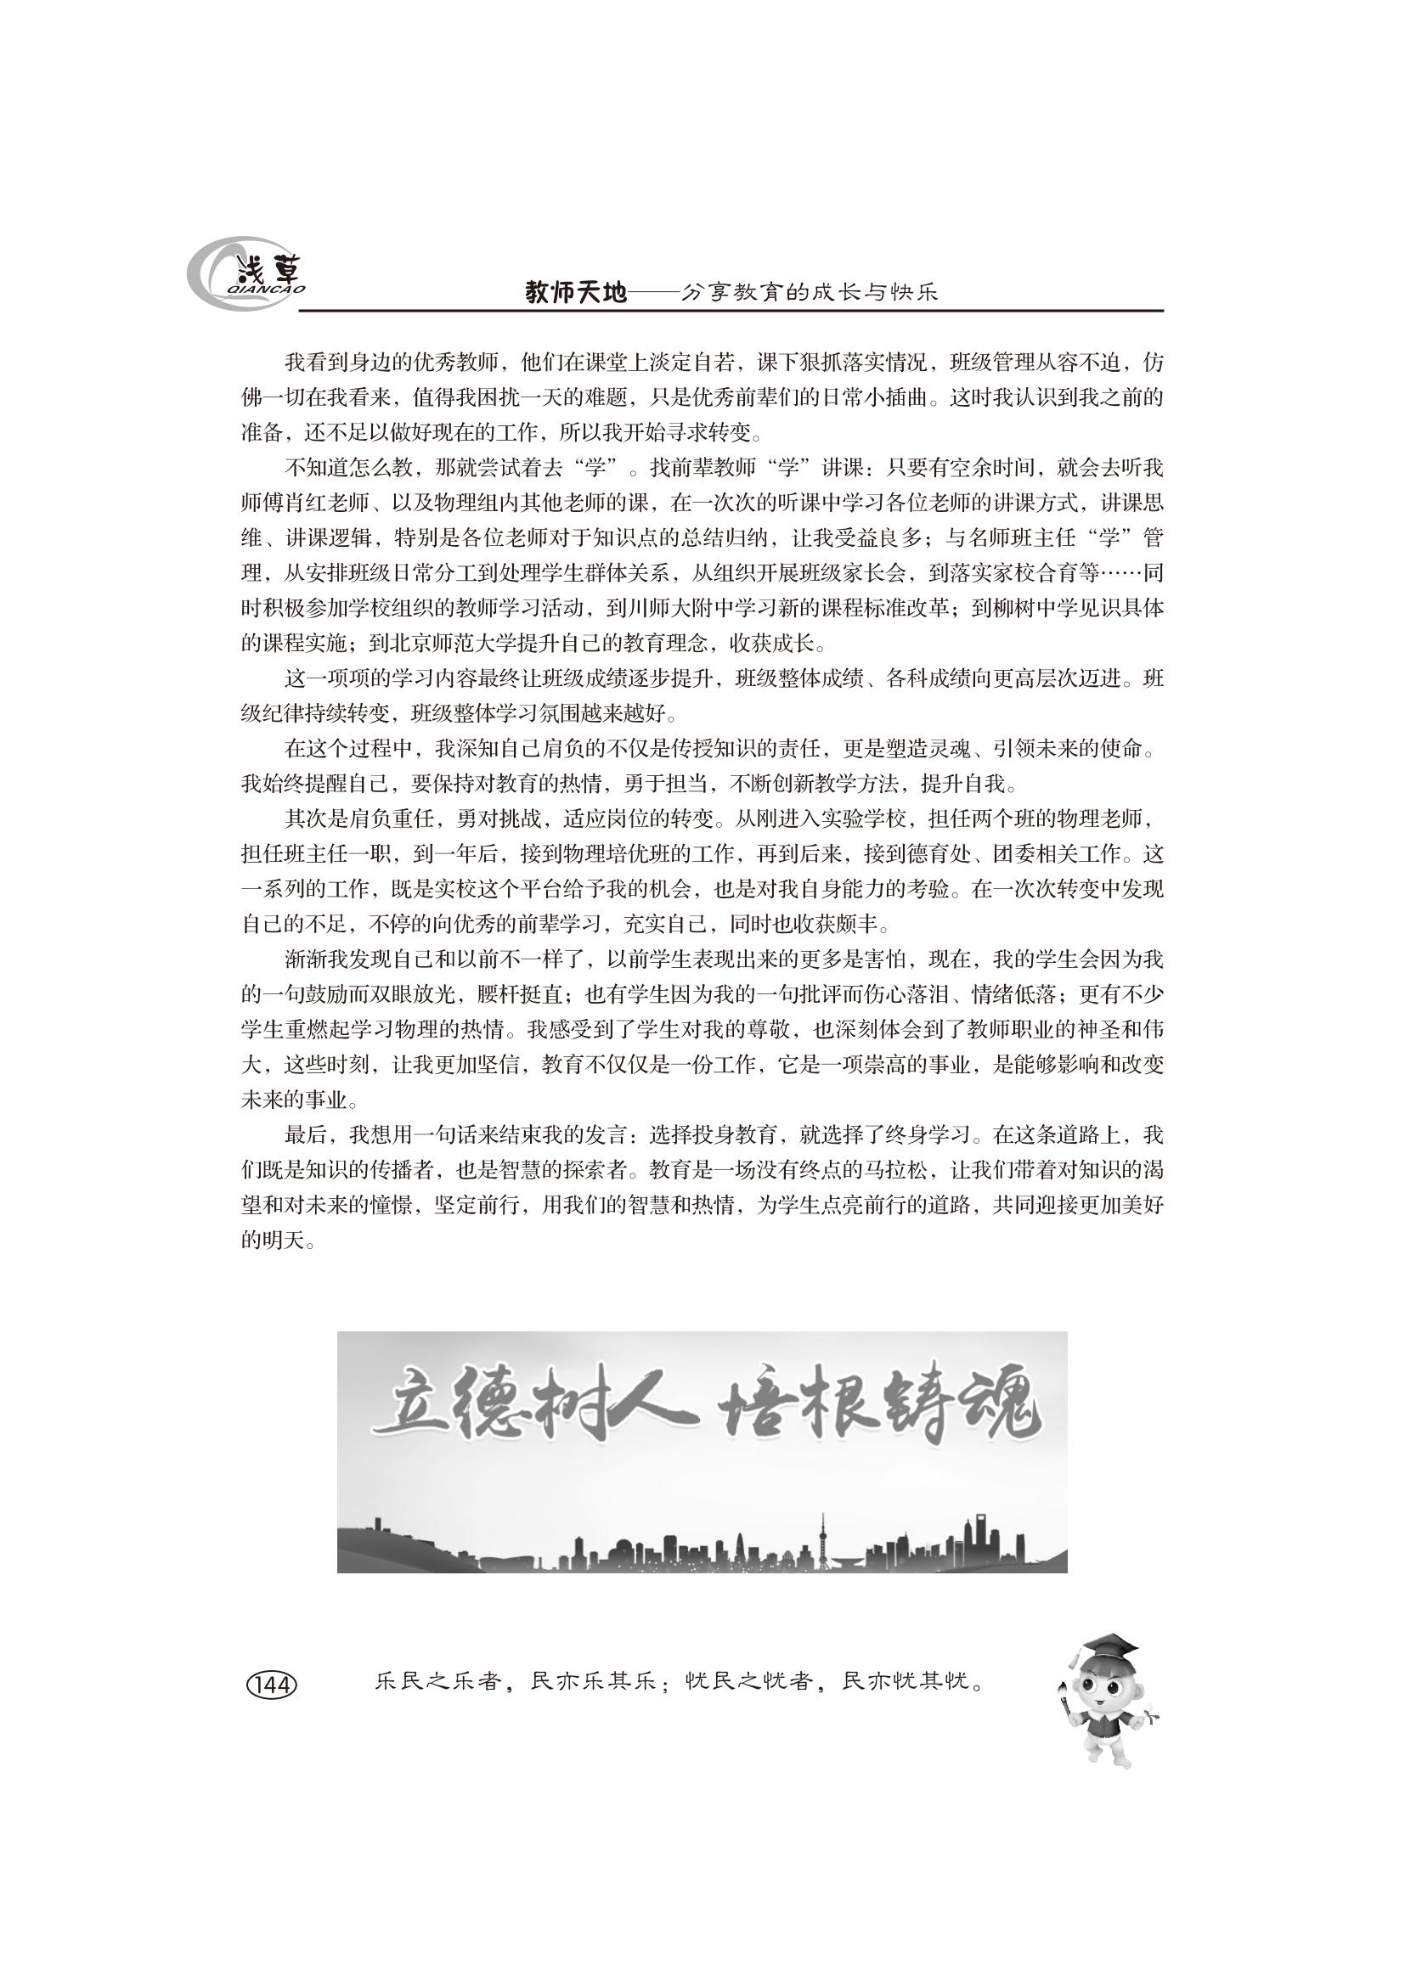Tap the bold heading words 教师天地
[x=575, y=294]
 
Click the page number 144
[x=272, y=1684]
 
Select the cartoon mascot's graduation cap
[x=1108, y=1645]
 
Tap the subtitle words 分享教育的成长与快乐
[x=809, y=294]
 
